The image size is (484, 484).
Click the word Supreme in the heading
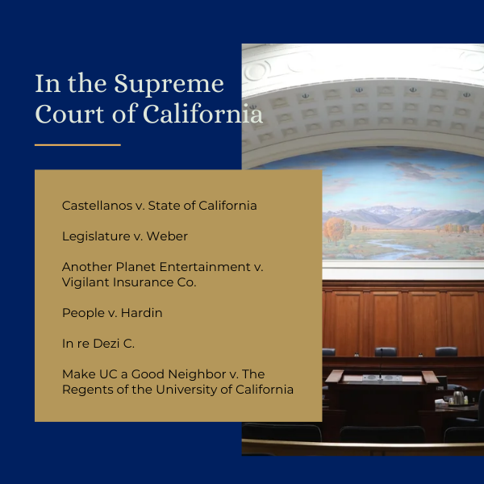169,84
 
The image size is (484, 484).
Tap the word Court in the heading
69,114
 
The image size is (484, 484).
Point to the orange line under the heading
77,144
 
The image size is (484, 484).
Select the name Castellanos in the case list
98,206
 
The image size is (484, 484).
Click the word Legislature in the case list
96,236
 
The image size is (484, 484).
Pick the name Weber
167,236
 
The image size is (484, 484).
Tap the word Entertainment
205,267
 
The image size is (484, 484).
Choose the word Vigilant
86,282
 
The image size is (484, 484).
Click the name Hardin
142,313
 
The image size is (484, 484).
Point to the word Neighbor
197,374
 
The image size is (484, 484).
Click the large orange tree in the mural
334,230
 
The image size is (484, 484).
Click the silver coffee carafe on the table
458,396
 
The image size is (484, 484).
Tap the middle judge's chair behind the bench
386,352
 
